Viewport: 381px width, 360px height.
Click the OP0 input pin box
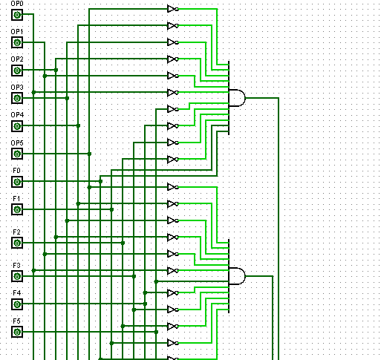[17, 15]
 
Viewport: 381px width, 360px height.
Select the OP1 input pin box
[17, 42]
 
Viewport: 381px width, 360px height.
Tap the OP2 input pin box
[17, 71]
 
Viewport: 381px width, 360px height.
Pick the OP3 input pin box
[17, 99]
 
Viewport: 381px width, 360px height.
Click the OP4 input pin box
[17, 126]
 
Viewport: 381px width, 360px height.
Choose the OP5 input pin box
[17, 154]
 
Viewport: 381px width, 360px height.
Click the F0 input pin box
[17, 182]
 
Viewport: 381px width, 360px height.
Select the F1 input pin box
[17, 210]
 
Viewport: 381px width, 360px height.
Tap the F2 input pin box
[17, 243]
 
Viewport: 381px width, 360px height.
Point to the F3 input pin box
[17, 276]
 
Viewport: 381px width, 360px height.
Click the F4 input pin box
[17, 304]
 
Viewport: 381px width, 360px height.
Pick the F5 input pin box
[17, 332]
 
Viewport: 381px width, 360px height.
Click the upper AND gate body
[237, 98]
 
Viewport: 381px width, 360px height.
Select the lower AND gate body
[237, 276]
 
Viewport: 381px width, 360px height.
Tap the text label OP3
[17, 88]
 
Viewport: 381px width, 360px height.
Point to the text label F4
[17, 293]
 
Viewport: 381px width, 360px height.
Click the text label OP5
[17, 143]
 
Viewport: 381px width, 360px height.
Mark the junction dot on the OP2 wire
[56, 71]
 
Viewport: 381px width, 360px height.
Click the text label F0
[16, 171]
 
